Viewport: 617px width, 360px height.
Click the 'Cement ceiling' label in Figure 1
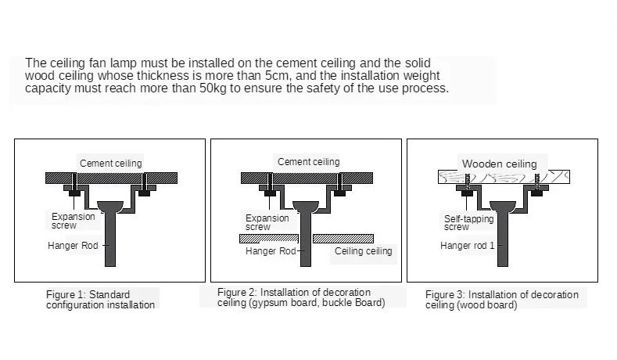coord(110,164)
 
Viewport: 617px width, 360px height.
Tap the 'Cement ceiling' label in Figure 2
coord(308,162)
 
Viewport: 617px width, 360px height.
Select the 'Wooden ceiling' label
coord(500,164)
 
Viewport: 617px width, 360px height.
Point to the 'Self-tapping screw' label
coord(468,223)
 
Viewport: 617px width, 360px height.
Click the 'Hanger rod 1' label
coord(467,246)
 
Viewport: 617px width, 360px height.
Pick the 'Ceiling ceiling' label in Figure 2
coord(363,251)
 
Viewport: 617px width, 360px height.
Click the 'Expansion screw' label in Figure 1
coord(74,221)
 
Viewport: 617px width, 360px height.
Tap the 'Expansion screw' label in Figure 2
coord(267,222)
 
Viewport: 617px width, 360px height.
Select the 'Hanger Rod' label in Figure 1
coord(73,246)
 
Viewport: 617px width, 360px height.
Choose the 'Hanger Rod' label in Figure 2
coord(271,251)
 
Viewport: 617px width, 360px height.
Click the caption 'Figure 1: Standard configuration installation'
coord(100,300)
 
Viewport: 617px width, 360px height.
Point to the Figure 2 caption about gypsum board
coord(301,297)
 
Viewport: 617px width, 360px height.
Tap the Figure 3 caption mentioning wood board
coord(502,300)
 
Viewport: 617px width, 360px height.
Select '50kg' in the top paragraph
coord(213,88)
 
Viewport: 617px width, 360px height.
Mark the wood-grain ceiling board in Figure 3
coord(504,177)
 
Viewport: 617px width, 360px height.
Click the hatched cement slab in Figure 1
coord(111,178)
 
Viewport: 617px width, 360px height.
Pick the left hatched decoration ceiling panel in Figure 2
coord(269,239)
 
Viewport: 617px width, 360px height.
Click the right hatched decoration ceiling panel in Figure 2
coord(343,239)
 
